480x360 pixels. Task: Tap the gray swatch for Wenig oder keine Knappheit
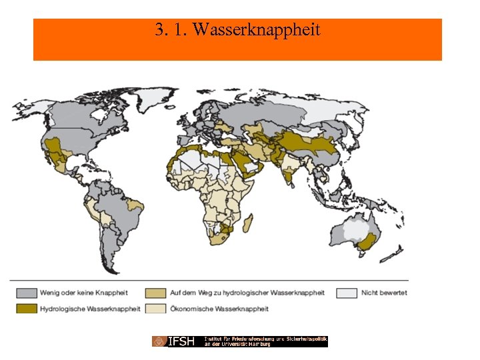point(27,293)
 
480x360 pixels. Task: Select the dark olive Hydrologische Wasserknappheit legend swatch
point(27,309)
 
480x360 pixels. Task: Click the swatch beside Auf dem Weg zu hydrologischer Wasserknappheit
point(158,293)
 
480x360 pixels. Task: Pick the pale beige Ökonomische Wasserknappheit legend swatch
point(158,309)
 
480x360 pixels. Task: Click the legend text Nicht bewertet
point(384,293)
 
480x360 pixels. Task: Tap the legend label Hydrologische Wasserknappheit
point(90,309)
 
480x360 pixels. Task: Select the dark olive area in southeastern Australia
point(365,246)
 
